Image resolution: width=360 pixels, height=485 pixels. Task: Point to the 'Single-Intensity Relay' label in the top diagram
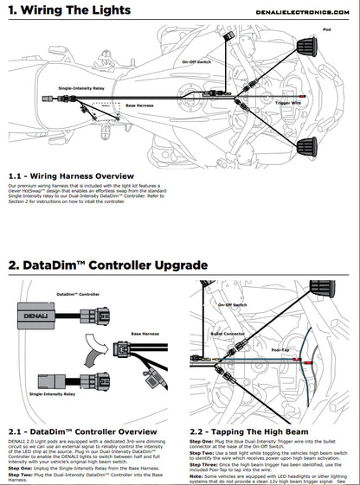coord(82,88)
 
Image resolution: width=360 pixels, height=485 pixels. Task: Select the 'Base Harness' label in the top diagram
coord(139,105)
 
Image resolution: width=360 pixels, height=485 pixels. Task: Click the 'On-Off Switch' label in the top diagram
coord(197,62)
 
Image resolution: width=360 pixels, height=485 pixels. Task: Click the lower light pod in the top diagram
coord(308,140)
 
